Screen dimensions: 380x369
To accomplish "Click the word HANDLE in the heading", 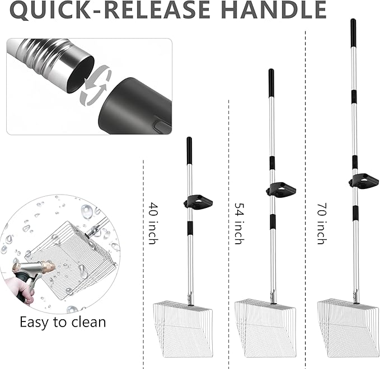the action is click(274, 10).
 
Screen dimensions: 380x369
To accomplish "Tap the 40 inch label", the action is click(153, 223).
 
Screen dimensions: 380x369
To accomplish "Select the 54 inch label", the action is click(240, 223).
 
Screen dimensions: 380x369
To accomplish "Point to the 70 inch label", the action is click(322, 223).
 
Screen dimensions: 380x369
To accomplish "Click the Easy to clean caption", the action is click(63, 322).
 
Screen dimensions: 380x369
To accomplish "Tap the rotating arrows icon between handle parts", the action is click(95, 85).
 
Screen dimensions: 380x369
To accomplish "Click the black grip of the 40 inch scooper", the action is click(189, 151).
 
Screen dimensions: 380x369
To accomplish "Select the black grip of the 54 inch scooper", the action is click(271, 83).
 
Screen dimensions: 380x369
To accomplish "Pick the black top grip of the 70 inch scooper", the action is click(353, 32).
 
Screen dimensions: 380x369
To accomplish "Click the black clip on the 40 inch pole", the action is click(198, 202).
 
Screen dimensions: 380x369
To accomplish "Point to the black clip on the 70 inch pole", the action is click(364, 181).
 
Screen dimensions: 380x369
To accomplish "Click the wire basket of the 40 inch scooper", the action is click(183, 329).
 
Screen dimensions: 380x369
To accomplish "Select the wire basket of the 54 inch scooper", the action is click(266, 328).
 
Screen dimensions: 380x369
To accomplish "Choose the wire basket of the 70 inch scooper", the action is click(349, 328).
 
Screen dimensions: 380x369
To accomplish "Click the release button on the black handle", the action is click(162, 126).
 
